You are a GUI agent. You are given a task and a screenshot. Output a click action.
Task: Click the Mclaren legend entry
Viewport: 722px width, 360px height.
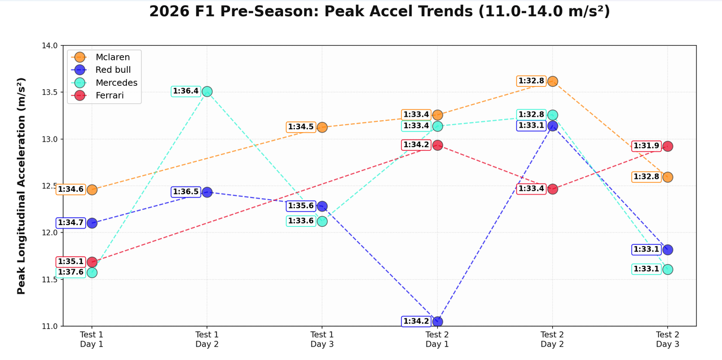pyautogui.click(x=112, y=57)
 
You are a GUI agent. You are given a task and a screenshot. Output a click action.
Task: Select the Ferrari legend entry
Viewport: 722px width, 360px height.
pyautogui.click(x=109, y=95)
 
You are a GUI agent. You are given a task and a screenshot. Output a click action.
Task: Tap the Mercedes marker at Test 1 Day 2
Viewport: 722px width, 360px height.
pyautogui.click(x=207, y=91)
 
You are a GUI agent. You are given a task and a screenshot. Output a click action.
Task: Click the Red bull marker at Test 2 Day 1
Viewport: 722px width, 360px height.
pyautogui.click(x=437, y=322)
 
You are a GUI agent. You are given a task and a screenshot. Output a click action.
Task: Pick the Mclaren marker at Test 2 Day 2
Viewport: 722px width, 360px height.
pyautogui.click(x=553, y=81)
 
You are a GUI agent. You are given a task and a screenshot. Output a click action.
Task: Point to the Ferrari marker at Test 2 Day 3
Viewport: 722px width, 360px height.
pyautogui.click(x=668, y=146)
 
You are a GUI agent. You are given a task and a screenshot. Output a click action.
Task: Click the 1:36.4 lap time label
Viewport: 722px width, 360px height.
pyautogui.click(x=186, y=91)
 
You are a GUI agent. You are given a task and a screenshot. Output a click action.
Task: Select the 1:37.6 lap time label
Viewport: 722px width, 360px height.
pyautogui.click(x=71, y=272)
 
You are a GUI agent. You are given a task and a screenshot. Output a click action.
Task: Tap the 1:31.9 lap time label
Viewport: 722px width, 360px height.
pyautogui.click(x=646, y=146)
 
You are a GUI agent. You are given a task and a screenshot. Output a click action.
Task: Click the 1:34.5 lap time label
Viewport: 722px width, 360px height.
pyautogui.click(x=301, y=127)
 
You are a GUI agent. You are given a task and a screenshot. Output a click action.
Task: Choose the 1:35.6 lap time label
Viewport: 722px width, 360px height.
pyautogui.click(x=301, y=206)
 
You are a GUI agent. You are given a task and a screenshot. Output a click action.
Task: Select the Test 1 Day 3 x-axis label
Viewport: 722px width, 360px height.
pyautogui.click(x=322, y=339)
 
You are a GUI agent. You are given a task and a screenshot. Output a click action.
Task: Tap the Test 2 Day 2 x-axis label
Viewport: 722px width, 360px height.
pyautogui.click(x=552, y=339)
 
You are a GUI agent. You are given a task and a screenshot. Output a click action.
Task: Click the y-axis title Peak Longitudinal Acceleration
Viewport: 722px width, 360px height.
pyautogui.click(x=21, y=186)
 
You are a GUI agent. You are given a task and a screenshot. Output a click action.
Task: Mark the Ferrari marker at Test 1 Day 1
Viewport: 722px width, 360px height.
pyautogui.click(x=92, y=262)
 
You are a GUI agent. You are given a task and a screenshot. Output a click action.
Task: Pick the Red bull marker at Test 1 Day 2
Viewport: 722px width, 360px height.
pyautogui.click(x=207, y=192)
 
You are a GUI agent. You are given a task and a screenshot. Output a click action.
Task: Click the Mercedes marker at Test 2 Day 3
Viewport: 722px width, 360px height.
pyautogui.click(x=668, y=269)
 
